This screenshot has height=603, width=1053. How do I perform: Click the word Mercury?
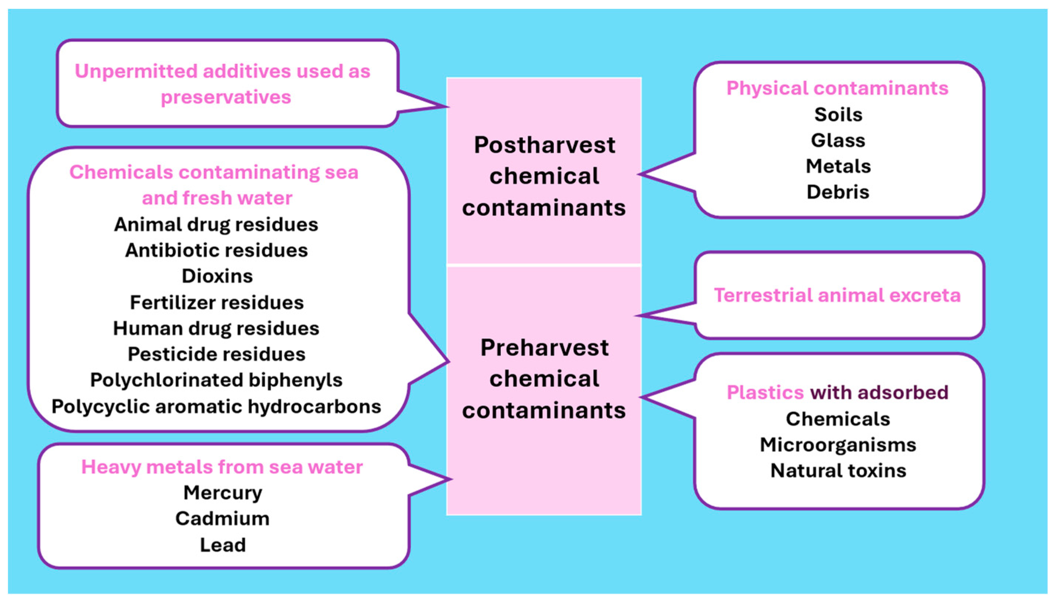(x=222, y=493)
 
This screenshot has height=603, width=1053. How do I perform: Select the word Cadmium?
(x=222, y=519)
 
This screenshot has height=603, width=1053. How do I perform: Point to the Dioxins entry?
(x=217, y=276)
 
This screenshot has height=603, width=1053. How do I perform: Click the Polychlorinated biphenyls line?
(x=216, y=380)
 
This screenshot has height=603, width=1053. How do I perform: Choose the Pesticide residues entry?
(x=216, y=354)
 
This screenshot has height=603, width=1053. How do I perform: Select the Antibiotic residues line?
(x=216, y=250)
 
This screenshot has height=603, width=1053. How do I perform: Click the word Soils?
(x=838, y=115)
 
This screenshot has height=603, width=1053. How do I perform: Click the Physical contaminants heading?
(x=837, y=88)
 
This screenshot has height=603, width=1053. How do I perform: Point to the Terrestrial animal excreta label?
(x=837, y=295)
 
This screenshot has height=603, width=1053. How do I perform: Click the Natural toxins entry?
(x=838, y=471)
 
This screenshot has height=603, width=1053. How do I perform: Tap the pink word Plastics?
(x=765, y=393)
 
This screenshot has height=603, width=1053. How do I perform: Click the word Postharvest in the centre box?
(x=544, y=145)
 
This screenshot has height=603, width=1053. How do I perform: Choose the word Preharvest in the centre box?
(x=544, y=347)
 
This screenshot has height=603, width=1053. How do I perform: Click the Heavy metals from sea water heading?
(x=222, y=467)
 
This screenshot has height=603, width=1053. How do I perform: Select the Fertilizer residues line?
(x=217, y=303)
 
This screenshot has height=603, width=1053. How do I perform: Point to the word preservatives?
(x=226, y=97)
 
